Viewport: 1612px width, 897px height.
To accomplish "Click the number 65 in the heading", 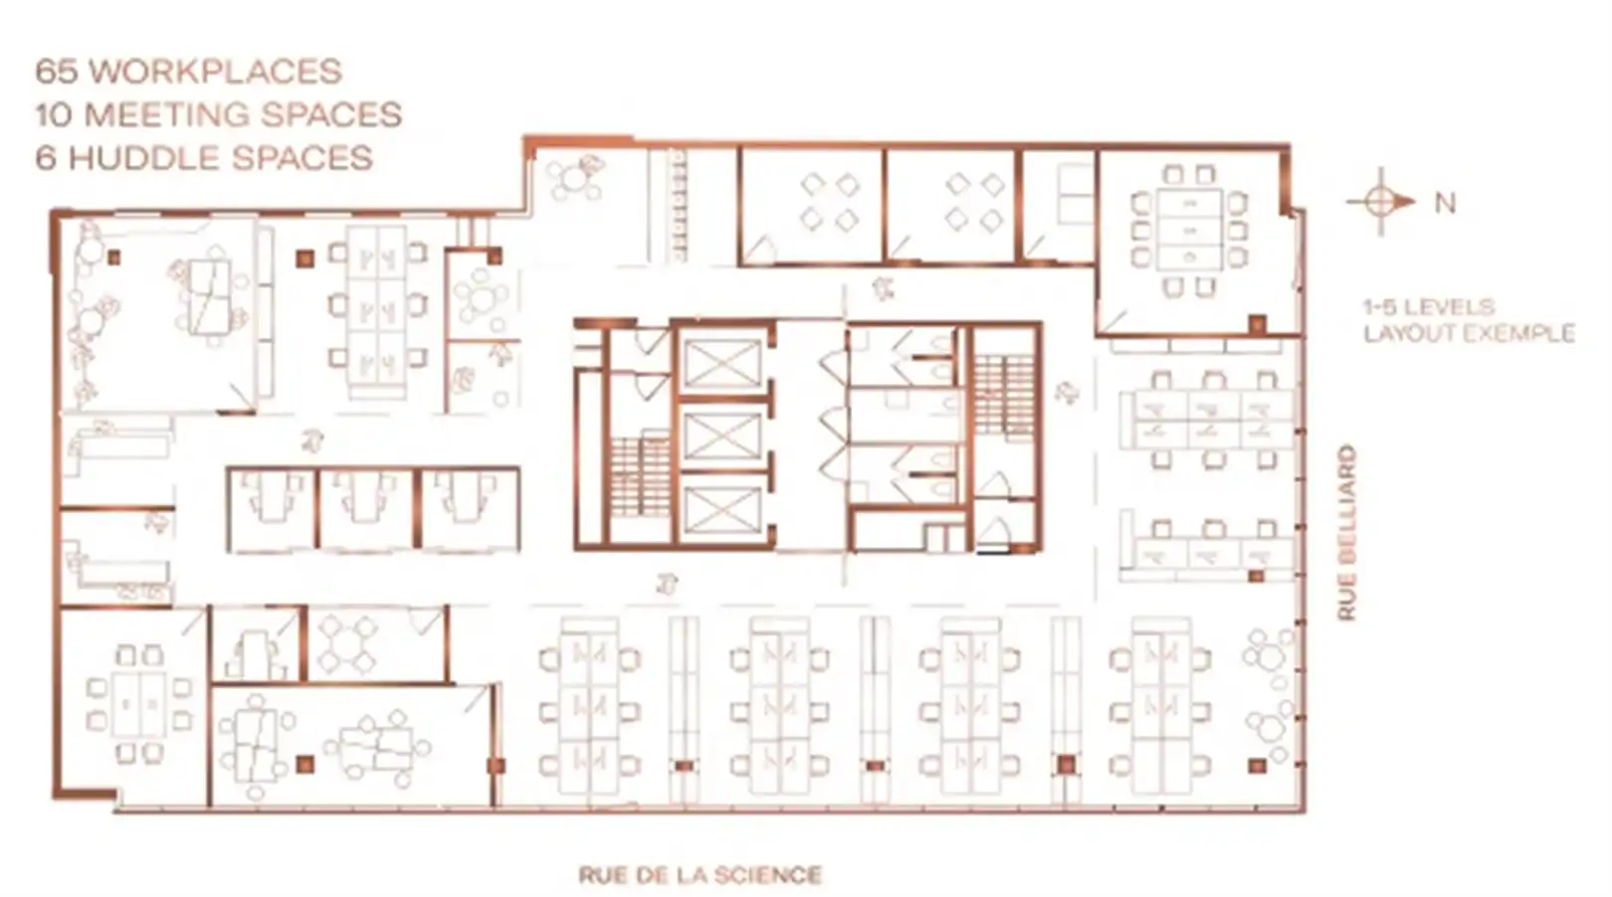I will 57,72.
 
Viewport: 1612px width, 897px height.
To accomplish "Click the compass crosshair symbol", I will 1379,201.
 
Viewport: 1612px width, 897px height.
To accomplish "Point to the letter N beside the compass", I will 1445,203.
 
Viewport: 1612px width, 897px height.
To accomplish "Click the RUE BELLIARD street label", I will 1346,533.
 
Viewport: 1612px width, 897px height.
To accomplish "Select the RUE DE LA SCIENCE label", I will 700,875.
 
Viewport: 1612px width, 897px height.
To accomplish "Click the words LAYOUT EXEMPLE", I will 1469,333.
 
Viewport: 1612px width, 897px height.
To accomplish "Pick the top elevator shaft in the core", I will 721,362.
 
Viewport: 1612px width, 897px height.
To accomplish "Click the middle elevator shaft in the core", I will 721,437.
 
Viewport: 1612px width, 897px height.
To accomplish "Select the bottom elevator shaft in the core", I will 721,510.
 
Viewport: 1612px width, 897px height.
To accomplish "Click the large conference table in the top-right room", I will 1190,231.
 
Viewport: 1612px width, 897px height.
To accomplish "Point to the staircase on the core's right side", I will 1004,395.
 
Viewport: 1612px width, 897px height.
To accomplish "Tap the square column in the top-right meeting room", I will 1258,323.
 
